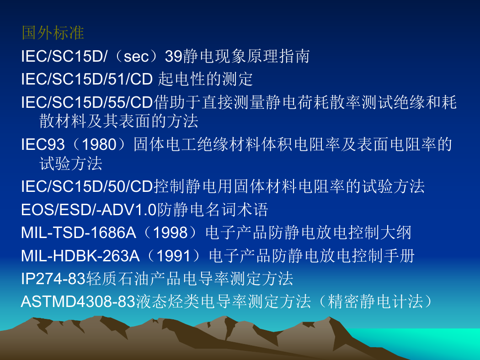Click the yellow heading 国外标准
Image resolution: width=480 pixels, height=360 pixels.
(53, 33)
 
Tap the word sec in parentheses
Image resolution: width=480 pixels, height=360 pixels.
(136, 57)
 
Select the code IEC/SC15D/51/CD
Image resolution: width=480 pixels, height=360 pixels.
(87, 79)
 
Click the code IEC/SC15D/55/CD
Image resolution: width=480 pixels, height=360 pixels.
(87, 102)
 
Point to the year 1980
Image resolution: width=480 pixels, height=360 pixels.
(100, 144)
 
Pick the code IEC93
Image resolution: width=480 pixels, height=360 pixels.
(43, 144)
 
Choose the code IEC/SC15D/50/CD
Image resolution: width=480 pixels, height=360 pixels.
(87, 186)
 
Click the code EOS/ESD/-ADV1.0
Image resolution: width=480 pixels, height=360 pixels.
(89, 210)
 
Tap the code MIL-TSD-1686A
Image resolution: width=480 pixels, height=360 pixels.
(79, 233)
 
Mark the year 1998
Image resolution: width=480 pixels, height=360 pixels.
(170, 233)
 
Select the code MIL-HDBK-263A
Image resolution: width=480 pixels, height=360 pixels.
(80, 256)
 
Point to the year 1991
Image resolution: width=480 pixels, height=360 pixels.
(174, 256)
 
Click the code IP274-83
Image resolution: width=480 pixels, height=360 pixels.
(53, 279)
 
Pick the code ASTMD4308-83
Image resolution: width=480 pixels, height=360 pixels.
(78, 302)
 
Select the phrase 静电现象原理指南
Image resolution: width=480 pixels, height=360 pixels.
(246, 56)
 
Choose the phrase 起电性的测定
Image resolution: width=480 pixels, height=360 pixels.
(205, 79)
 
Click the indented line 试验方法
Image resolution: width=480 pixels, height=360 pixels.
(71, 164)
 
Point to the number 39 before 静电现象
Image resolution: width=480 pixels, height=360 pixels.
(174, 57)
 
